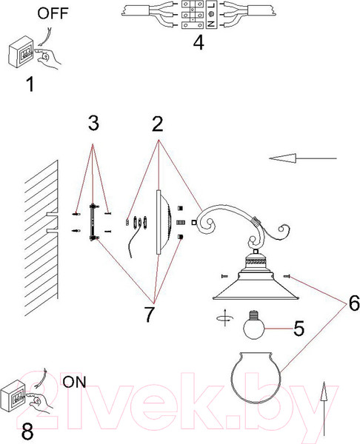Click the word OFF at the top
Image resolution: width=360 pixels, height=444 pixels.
53,13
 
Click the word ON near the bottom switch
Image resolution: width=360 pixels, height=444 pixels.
74,382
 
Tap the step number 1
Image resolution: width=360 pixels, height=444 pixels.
30,84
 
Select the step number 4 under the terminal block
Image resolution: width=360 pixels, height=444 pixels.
199,44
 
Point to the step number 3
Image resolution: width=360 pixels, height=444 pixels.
93,124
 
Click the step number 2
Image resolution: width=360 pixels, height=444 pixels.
158,124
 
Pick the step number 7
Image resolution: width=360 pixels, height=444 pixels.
149,314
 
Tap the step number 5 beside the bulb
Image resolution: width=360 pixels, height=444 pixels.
299,329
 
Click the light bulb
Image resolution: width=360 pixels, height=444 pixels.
253,325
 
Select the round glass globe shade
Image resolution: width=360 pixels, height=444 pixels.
256,377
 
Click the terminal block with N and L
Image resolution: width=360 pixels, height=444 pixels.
199,15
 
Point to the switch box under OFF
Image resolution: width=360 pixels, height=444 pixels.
21,52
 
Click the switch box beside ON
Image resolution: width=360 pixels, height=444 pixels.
13,397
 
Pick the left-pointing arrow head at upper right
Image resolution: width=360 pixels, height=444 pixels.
283,158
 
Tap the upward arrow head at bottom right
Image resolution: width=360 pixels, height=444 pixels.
324,391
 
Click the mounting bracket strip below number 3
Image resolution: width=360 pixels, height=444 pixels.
92,222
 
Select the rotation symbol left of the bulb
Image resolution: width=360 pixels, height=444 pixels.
225,317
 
